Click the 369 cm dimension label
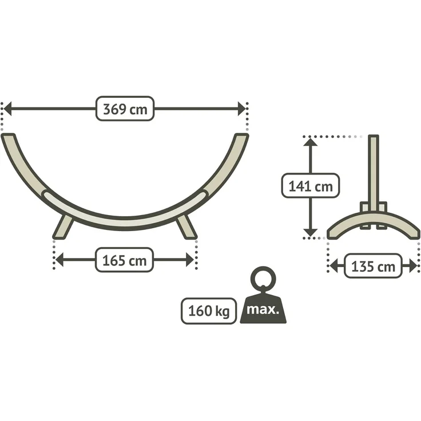[125, 109]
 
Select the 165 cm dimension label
[124, 260]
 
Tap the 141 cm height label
[311, 186]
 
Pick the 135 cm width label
[373, 266]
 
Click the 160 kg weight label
[209, 311]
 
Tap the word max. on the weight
[263, 309]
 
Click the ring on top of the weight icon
[263, 279]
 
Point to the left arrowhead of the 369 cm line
[7, 109]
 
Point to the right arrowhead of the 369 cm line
[241, 109]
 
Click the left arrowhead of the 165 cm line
[59, 260]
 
